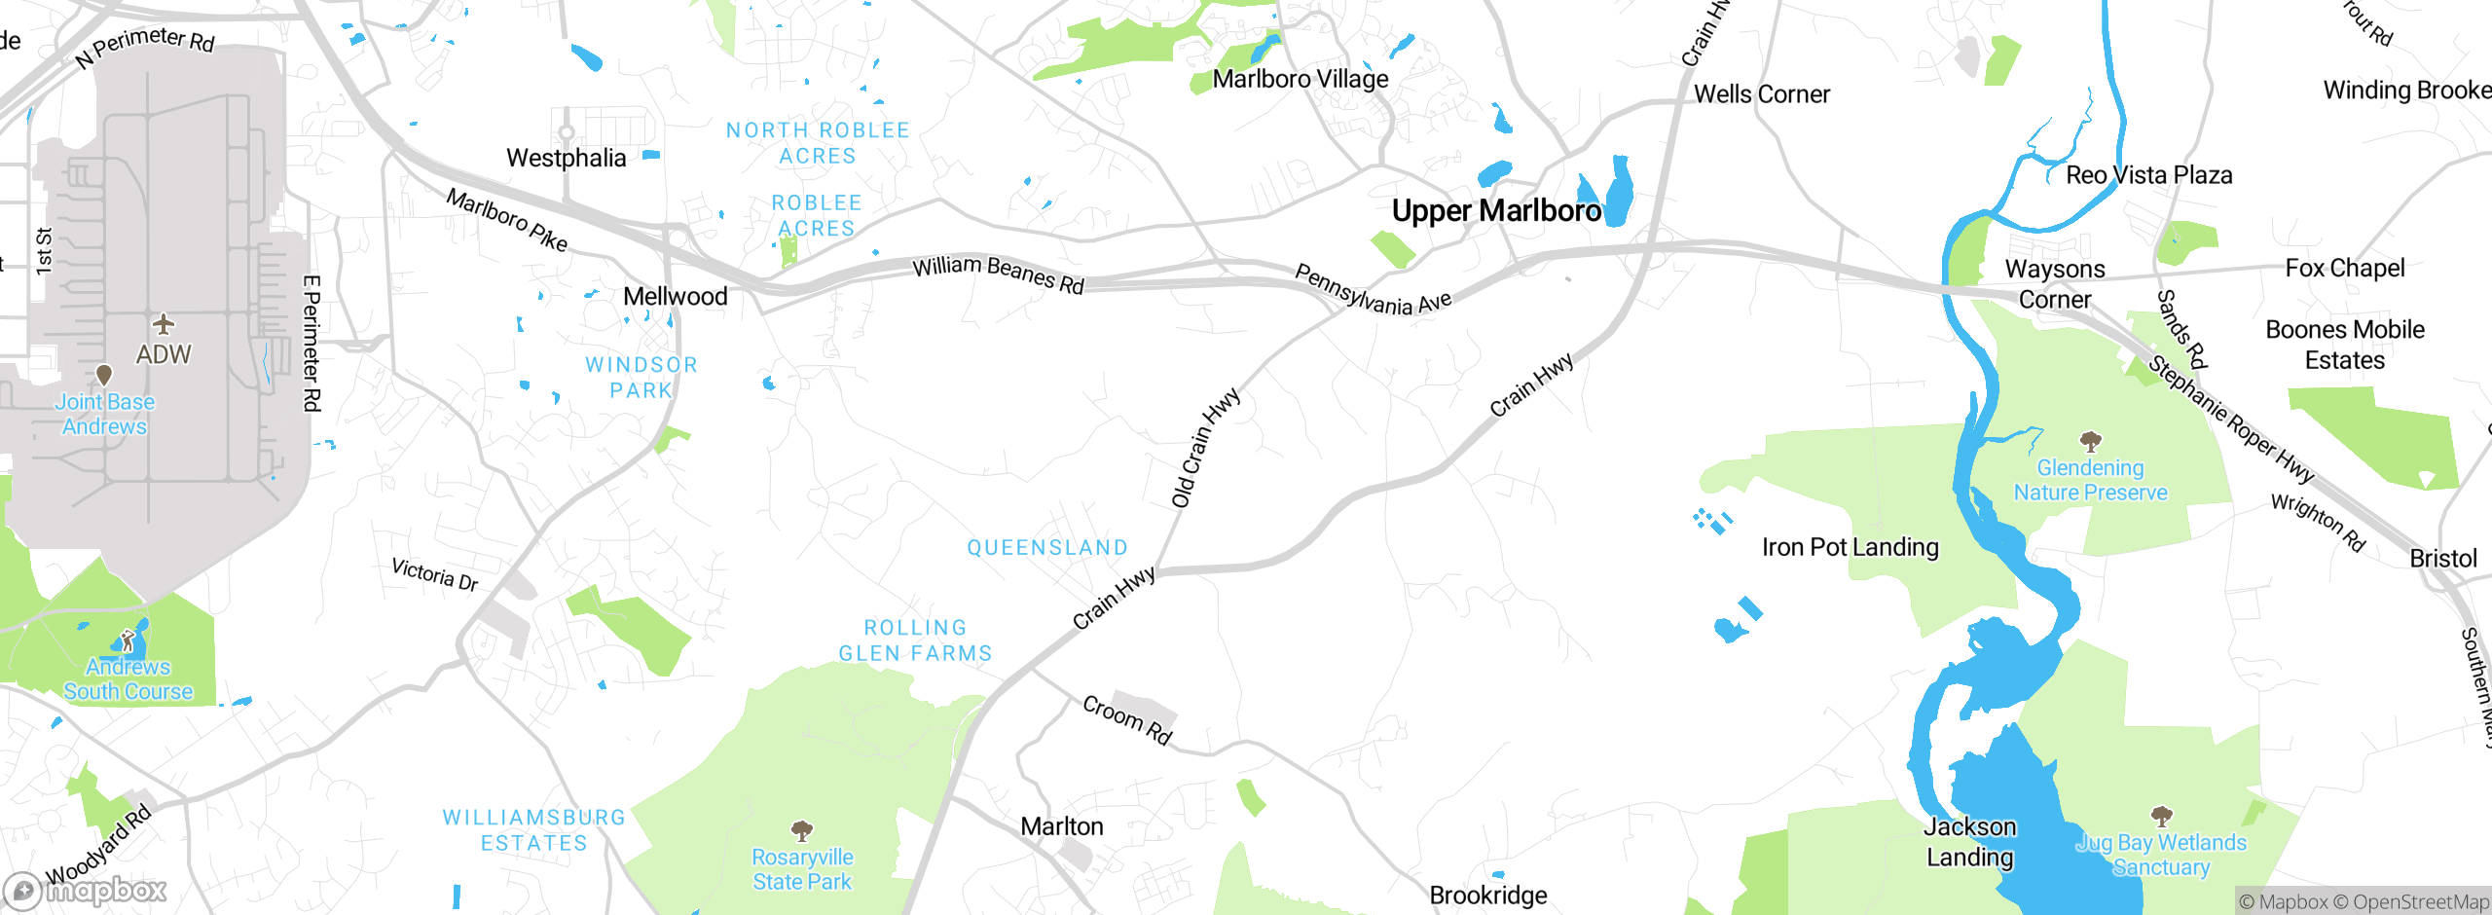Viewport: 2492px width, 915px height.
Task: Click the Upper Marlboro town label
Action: [1495, 211]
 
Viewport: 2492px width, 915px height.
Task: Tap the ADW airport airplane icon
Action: [164, 323]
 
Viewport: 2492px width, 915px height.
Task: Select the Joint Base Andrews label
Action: [104, 414]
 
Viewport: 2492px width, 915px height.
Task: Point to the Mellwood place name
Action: [675, 297]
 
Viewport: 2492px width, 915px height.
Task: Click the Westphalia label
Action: [566, 158]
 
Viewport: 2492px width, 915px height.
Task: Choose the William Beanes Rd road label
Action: [998, 274]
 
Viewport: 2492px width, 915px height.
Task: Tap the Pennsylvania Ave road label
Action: [1373, 290]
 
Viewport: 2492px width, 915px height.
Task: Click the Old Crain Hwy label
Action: [1205, 448]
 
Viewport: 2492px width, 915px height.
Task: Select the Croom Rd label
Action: [1127, 719]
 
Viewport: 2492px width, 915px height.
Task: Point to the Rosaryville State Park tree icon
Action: [801, 830]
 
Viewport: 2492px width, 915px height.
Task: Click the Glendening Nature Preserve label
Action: [2090, 480]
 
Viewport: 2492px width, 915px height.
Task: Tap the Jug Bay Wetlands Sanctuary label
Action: [2161, 855]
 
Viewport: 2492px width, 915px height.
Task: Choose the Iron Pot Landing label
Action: [1850, 547]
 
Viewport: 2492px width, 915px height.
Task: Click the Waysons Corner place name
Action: [2054, 283]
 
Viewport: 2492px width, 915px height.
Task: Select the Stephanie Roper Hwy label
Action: [2230, 420]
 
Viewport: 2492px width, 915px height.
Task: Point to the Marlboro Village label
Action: [1300, 79]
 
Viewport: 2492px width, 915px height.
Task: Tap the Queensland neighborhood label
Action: [1047, 548]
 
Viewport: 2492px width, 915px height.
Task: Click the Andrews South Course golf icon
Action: [128, 640]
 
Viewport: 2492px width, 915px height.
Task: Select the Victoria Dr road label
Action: [434, 574]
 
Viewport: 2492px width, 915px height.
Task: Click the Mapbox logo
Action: [86, 890]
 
